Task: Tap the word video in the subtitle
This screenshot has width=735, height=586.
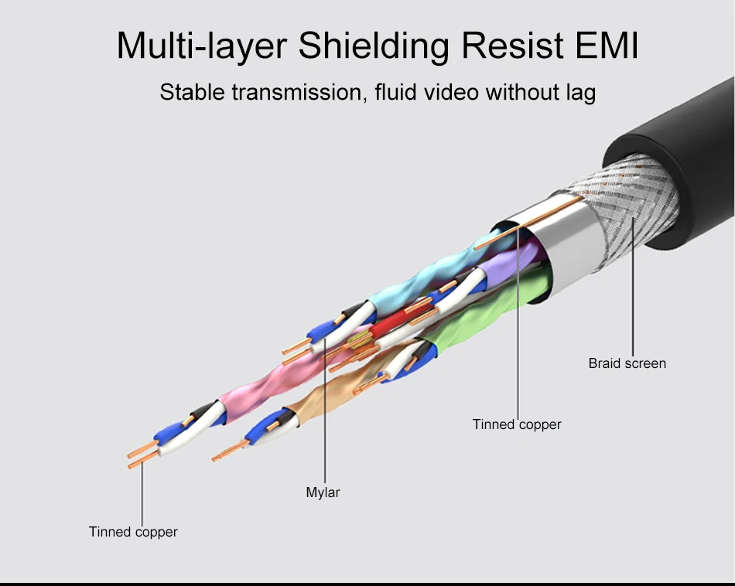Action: click(x=451, y=93)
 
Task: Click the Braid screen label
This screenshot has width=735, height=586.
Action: click(x=627, y=363)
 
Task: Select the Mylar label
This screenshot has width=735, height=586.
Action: click(x=323, y=492)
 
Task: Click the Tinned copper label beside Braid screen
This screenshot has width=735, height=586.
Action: click(x=517, y=424)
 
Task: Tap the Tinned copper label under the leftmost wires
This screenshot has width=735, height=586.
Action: click(x=133, y=532)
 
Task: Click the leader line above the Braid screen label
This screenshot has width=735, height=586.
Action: click(x=633, y=294)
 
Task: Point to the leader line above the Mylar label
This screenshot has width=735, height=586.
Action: click(x=325, y=417)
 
